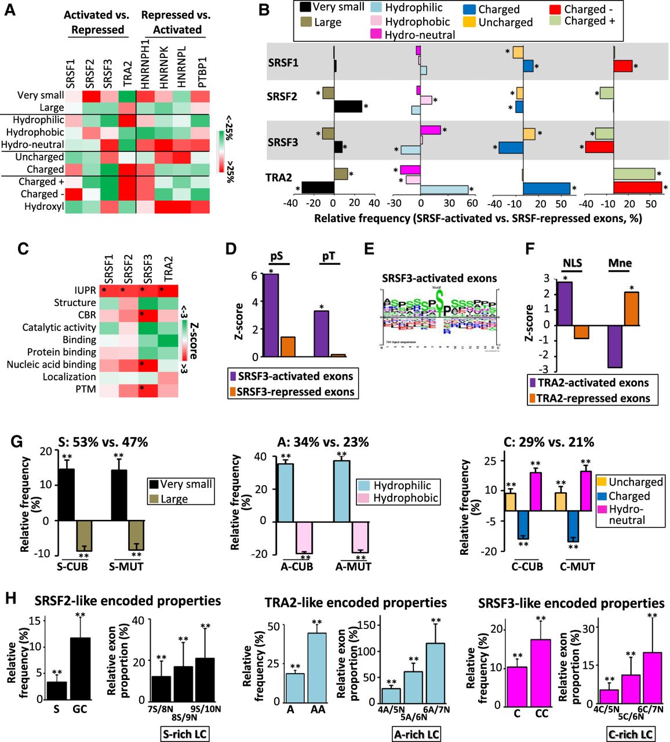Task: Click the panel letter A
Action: [10, 10]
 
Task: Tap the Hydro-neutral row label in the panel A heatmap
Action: [32, 144]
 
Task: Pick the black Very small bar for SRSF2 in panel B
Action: [348, 107]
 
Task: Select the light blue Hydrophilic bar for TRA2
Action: [444, 190]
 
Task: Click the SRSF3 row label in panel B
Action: [283, 142]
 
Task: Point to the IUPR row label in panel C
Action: [85, 290]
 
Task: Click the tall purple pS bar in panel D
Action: [271, 315]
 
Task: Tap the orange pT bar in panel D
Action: [338, 355]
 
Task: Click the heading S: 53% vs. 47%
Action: [103, 442]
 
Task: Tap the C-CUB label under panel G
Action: [527, 566]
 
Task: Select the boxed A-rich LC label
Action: [417, 734]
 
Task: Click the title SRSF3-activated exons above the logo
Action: [439, 278]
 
